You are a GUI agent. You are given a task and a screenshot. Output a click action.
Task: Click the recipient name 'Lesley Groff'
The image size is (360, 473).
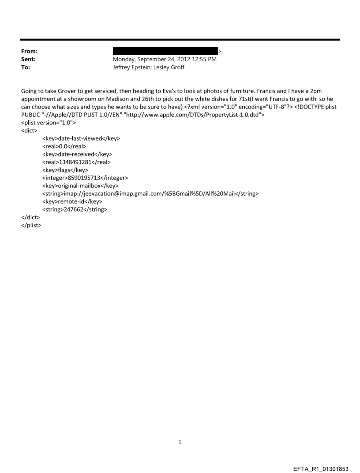click(x=170, y=67)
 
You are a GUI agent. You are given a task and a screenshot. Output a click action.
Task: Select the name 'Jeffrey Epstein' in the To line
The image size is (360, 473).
click(x=133, y=67)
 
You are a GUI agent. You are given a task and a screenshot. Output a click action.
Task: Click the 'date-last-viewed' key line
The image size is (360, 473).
click(x=81, y=138)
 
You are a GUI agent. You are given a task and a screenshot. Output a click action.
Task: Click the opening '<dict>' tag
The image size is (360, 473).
click(x=29, y=130)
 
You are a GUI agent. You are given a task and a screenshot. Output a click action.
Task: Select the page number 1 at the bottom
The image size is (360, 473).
click(x=180, y=442)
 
